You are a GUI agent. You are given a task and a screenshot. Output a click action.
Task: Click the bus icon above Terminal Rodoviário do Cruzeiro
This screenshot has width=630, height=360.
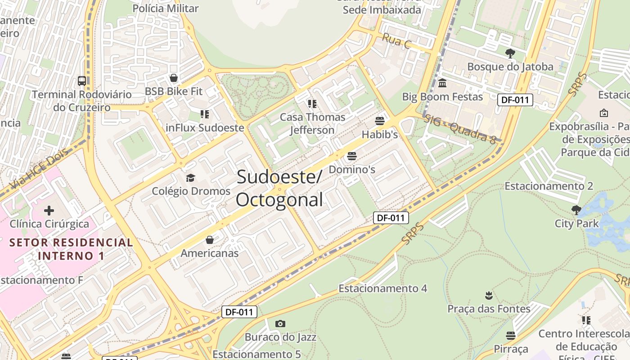pos(81,81)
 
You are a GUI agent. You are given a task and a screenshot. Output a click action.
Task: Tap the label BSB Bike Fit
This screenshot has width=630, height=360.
pos(174,91)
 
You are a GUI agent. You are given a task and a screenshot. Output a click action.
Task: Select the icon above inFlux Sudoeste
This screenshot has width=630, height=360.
pos(205,114)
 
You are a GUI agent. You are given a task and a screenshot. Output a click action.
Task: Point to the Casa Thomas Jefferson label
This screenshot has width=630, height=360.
pos(312,123)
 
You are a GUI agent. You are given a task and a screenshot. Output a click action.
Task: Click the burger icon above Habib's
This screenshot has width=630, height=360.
pos(380,121)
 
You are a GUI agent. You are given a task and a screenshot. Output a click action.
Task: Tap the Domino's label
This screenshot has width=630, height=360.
pos(352,170)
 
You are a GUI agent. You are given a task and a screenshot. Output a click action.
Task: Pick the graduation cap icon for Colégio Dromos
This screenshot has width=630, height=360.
pos(191,178)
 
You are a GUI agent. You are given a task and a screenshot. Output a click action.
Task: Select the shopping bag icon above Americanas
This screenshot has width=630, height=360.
pos(210,240)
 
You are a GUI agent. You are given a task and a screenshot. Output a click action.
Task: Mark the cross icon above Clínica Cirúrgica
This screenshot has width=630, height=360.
pos(49,210)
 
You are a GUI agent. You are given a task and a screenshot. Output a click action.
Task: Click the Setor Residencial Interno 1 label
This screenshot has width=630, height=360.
pos(71,249)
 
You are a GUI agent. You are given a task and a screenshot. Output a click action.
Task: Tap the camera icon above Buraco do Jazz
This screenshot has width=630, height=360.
pos(280,324)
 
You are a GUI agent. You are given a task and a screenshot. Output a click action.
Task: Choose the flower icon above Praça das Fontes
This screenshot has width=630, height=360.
pos(489,296)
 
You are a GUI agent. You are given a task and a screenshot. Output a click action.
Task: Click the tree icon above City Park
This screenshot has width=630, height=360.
pos(576,210)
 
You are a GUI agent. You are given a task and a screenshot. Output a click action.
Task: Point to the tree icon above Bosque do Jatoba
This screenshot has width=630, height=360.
pos(510,54)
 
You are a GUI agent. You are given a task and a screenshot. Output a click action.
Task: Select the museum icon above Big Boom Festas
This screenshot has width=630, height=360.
pos(442,83)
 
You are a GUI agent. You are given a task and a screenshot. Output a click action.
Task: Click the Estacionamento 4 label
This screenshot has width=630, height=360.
pos(382,288)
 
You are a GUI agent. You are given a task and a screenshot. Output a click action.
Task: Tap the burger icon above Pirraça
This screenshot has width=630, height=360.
pos(511,336)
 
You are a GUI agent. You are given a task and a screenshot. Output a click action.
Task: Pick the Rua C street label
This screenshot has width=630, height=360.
pos(396,40)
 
